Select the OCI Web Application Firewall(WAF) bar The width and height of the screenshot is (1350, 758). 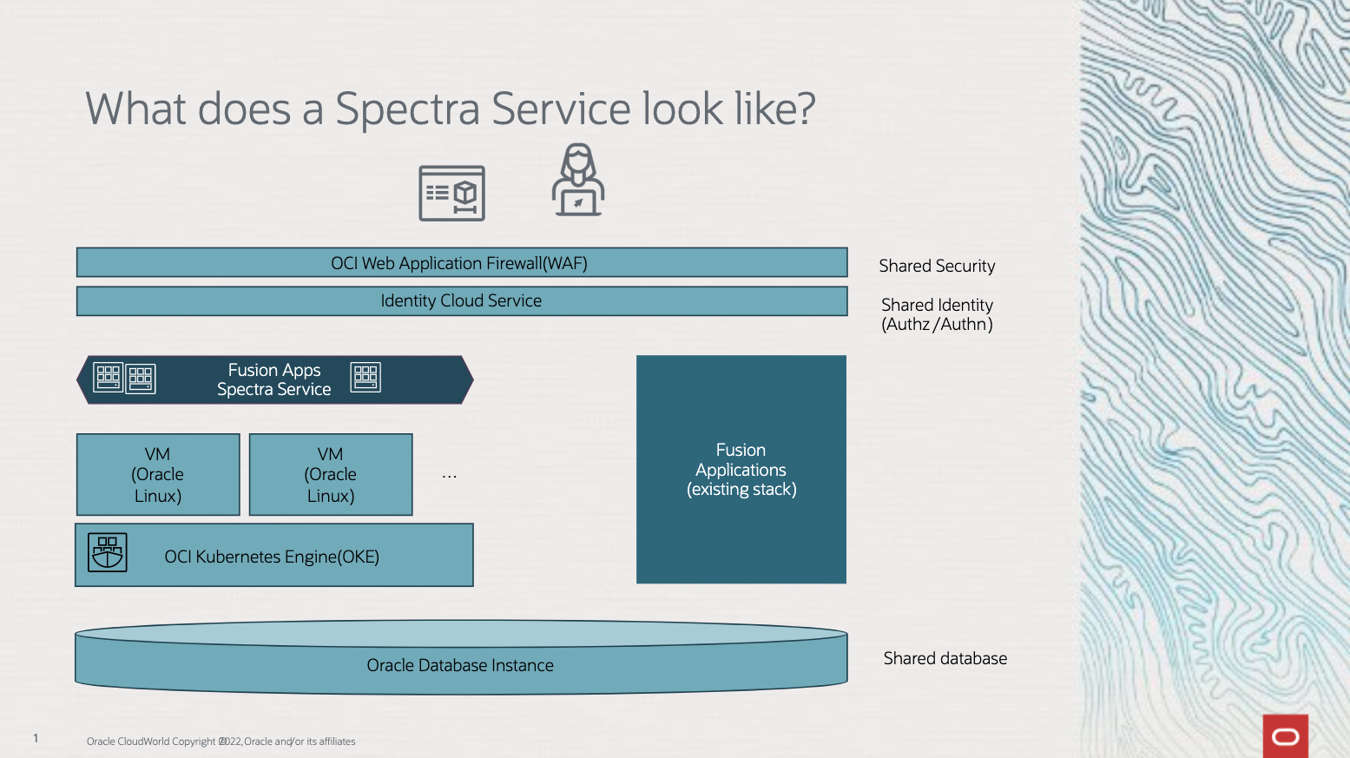point(461,263)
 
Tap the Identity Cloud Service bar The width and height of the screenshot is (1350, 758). point(461,301)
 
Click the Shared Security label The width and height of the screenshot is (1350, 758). point(937,267)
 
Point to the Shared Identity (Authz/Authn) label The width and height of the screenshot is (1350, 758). point(937,314)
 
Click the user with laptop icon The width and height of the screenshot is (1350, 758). point(578,181)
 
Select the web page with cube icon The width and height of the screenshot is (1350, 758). point(451,193)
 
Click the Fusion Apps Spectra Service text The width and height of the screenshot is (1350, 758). point(274,380)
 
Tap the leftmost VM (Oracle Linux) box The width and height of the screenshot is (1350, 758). point(158,475)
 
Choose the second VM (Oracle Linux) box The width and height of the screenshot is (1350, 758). point(331,475)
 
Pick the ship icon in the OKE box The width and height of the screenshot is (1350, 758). point(108,552)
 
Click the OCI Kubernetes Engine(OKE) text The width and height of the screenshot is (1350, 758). point(272,557)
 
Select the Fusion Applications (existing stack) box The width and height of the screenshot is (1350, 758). point(741,470)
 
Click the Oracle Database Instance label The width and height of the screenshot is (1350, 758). point(460,666)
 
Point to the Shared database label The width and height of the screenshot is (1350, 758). point(945,659)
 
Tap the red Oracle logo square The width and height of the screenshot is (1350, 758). point(1285,736)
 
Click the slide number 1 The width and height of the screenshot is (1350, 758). point(36,738)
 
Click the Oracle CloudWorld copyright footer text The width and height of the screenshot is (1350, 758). point(221,742)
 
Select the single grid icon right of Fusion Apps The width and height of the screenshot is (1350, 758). point(365,377)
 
